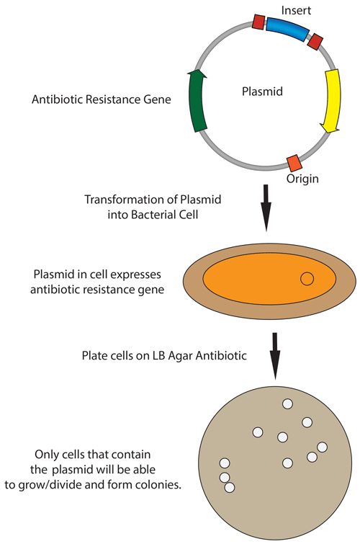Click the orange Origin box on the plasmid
(x=293, y=161)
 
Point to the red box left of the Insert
(x=258, y=23)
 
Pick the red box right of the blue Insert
(x=314, y=43)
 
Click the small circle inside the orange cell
(x=307, y=278)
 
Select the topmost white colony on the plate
(x=287, y=404)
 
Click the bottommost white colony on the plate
(x=230, y=488)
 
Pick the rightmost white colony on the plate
(x=322, y=447)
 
